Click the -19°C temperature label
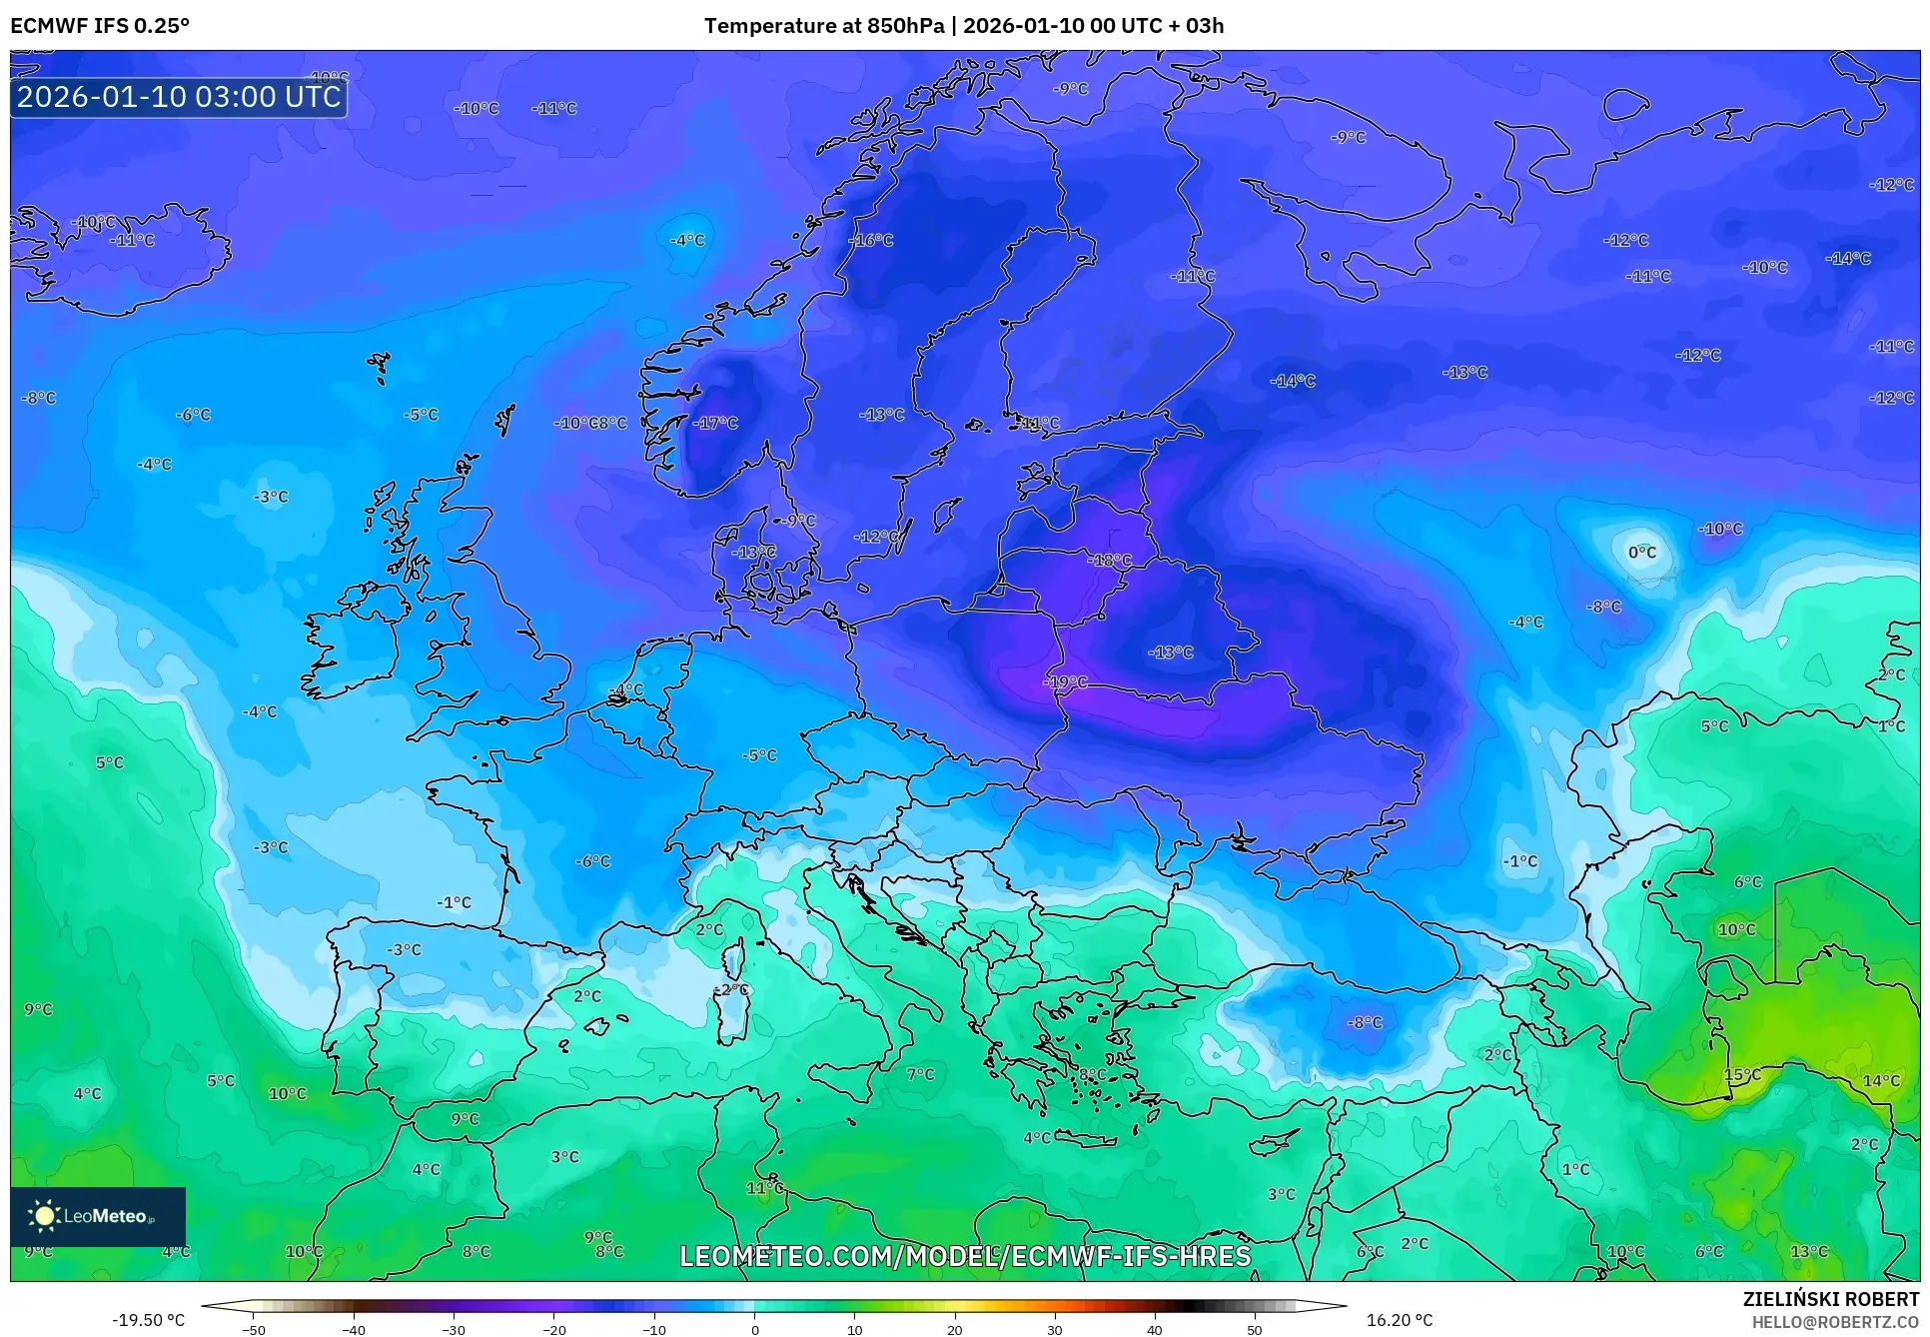pyautogui.click(x=1065, y=682)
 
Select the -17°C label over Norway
pyautogui.click(x=715, y=424)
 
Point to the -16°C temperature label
pyautogui.click(x=871, y=241)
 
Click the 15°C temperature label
pyautogui.click(x=1743, y=1075)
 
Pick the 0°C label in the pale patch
pyautogui.click(x=1642, y=553)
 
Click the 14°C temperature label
pyautogui.click(x=1882, y=1081)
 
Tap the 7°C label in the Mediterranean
pyautogui.click(x=920, y=1075)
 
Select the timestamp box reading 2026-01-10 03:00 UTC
pyautogui.click(x=179, y=97)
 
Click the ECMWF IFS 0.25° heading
pyautogui.click(x=100, y=26)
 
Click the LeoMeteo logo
pyautogui.click(x=98, y=1216)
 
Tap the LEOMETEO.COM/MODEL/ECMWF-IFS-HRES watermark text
pyautogui.click(x=965, y=1256)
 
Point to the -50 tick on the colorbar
pyautogui.click(x=254, y=1329)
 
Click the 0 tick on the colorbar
pyautogui.click(x=754, y=1329)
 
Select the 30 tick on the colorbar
pyautogui.click(x=1055, y=1329)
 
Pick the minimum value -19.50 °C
pyautogui.click(x=148, y=1320)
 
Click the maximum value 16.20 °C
pyautogui.click(x=1400, y=1320)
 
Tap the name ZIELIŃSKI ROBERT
pyautogui.click(x=1831, y=1300)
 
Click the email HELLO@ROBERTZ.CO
pyautogui.click(x=1835, y=1322)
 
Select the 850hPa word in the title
pyautogui.click(x=904, y=26)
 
